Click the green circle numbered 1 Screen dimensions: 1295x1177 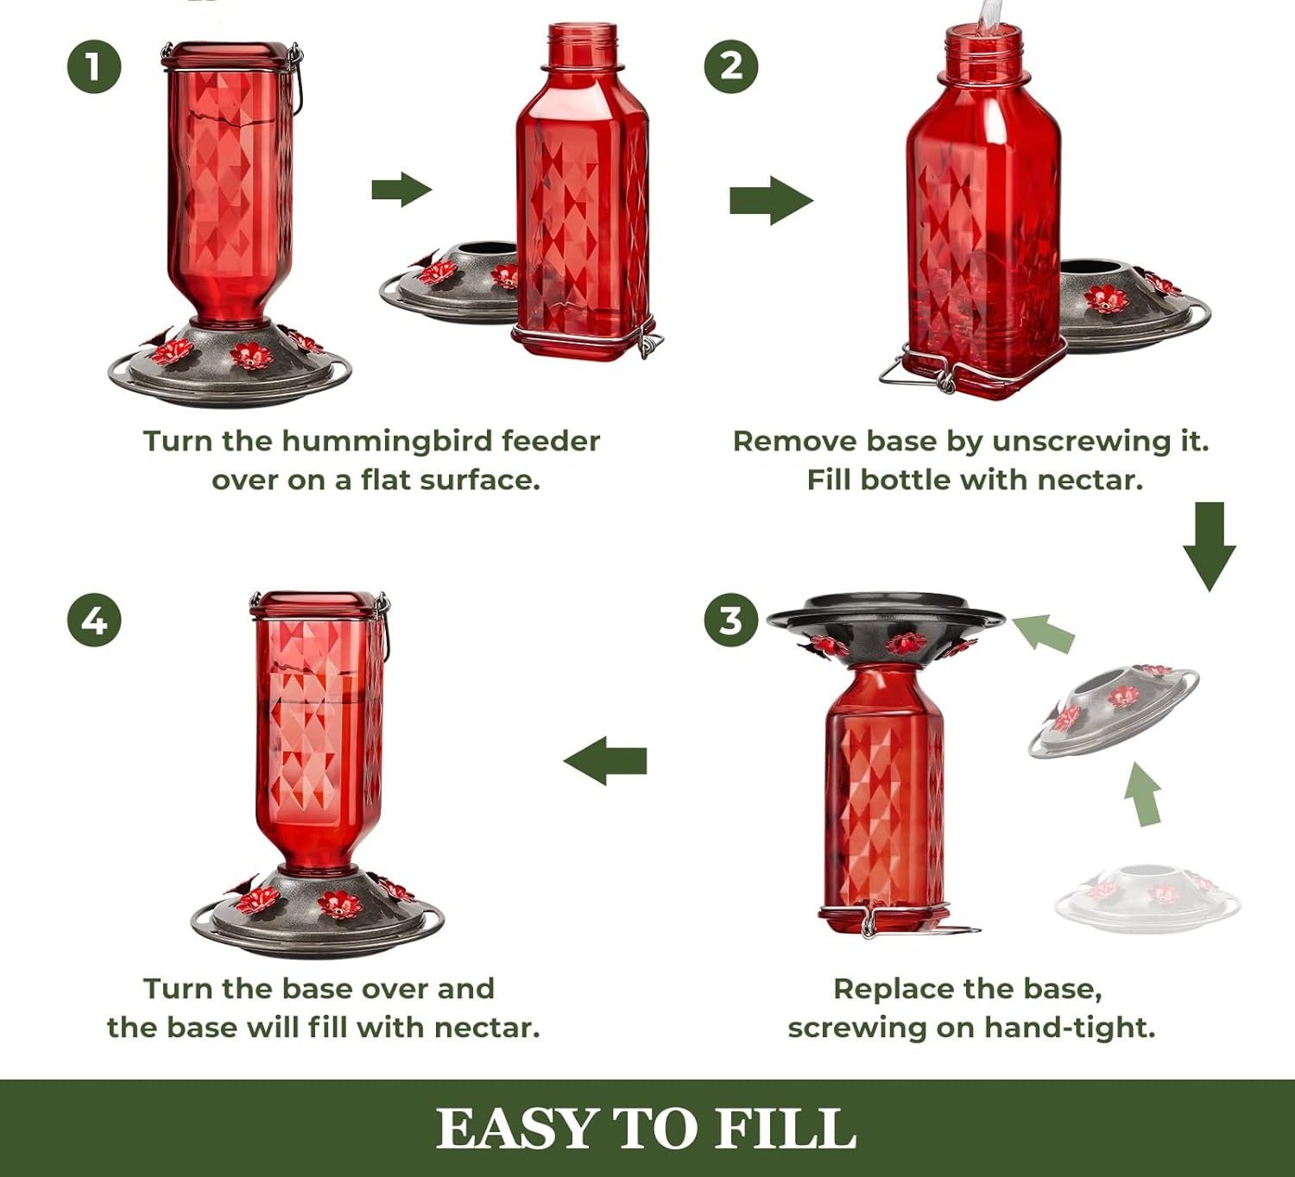(94, 66)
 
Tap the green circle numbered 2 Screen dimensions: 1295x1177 (730, 66)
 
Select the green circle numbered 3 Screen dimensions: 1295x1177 (730, 620)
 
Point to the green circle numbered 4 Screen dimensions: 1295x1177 (94, 620)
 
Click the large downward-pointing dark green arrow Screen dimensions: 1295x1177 (1210, 546)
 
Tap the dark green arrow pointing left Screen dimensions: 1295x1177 (605, 760)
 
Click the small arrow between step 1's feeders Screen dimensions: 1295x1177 (401, 190)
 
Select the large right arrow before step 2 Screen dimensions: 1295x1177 (772, 200)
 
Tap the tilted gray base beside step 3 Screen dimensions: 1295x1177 (1113, 711)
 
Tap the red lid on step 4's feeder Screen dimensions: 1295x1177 (319, 605)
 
